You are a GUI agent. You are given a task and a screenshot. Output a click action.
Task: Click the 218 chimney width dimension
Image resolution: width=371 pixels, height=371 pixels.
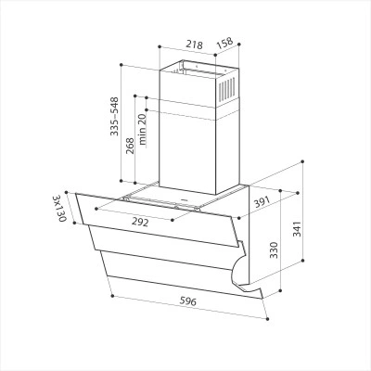194,45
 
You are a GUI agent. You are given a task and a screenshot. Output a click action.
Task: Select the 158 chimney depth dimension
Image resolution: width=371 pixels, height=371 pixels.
224,44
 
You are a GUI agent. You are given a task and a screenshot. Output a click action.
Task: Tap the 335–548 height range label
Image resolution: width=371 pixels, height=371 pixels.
115,116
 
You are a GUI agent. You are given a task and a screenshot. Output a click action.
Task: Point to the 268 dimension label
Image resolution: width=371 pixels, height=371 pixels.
130,146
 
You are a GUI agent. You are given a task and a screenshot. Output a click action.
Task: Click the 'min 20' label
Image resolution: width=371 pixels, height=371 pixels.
142,130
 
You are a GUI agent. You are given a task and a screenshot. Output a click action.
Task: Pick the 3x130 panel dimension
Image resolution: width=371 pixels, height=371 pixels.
59,209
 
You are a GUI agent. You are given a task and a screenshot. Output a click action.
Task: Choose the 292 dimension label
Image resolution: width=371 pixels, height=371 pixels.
140,222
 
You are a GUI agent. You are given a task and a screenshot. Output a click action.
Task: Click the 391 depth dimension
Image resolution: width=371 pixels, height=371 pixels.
262,202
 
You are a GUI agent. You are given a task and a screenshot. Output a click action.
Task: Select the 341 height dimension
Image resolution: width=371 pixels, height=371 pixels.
297,229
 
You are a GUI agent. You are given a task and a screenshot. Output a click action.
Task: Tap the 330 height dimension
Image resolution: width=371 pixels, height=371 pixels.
274,249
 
